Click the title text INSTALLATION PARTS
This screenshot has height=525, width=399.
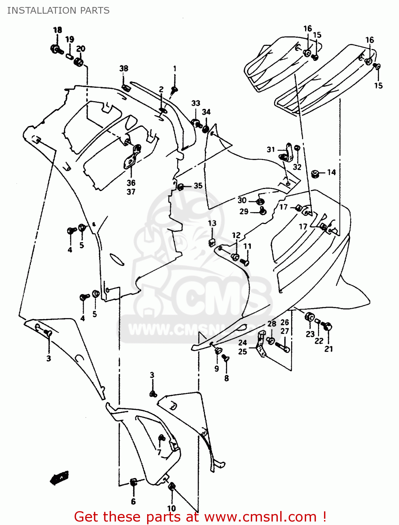tap(58, 10)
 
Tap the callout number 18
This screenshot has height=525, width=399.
tap(57, 30)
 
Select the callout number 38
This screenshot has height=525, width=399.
tap(124, 69)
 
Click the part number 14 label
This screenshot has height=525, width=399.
tap(331, 172)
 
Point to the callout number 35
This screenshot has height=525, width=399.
tap(198, 185)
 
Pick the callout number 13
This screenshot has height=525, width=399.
tap(212, 223)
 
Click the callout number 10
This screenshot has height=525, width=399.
tap(171, 509)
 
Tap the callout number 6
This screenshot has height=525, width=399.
tap(133, 502)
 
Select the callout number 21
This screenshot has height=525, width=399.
tap(328, 349)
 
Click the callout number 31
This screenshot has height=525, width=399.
tap(271, 149)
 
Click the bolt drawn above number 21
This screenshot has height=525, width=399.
tap(327, 327)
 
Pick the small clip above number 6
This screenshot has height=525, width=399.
tap(133, 482)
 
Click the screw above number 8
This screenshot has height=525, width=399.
tap(226, 358)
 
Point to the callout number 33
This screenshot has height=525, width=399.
tap(195, 103)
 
